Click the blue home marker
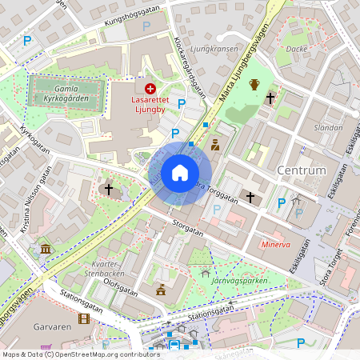[x=180, y=173]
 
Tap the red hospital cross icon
[x=150, y=89]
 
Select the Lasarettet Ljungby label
[x=152, y=106]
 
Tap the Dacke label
[x=297, y=48]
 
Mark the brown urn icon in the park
[x=254, y=84]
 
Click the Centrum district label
[x=302, y=170]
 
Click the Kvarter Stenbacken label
[x=111, y=267]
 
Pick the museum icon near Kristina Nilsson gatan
[x=45, y=249]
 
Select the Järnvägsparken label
[x=239, y=281]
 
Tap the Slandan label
[x=328, y=127]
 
